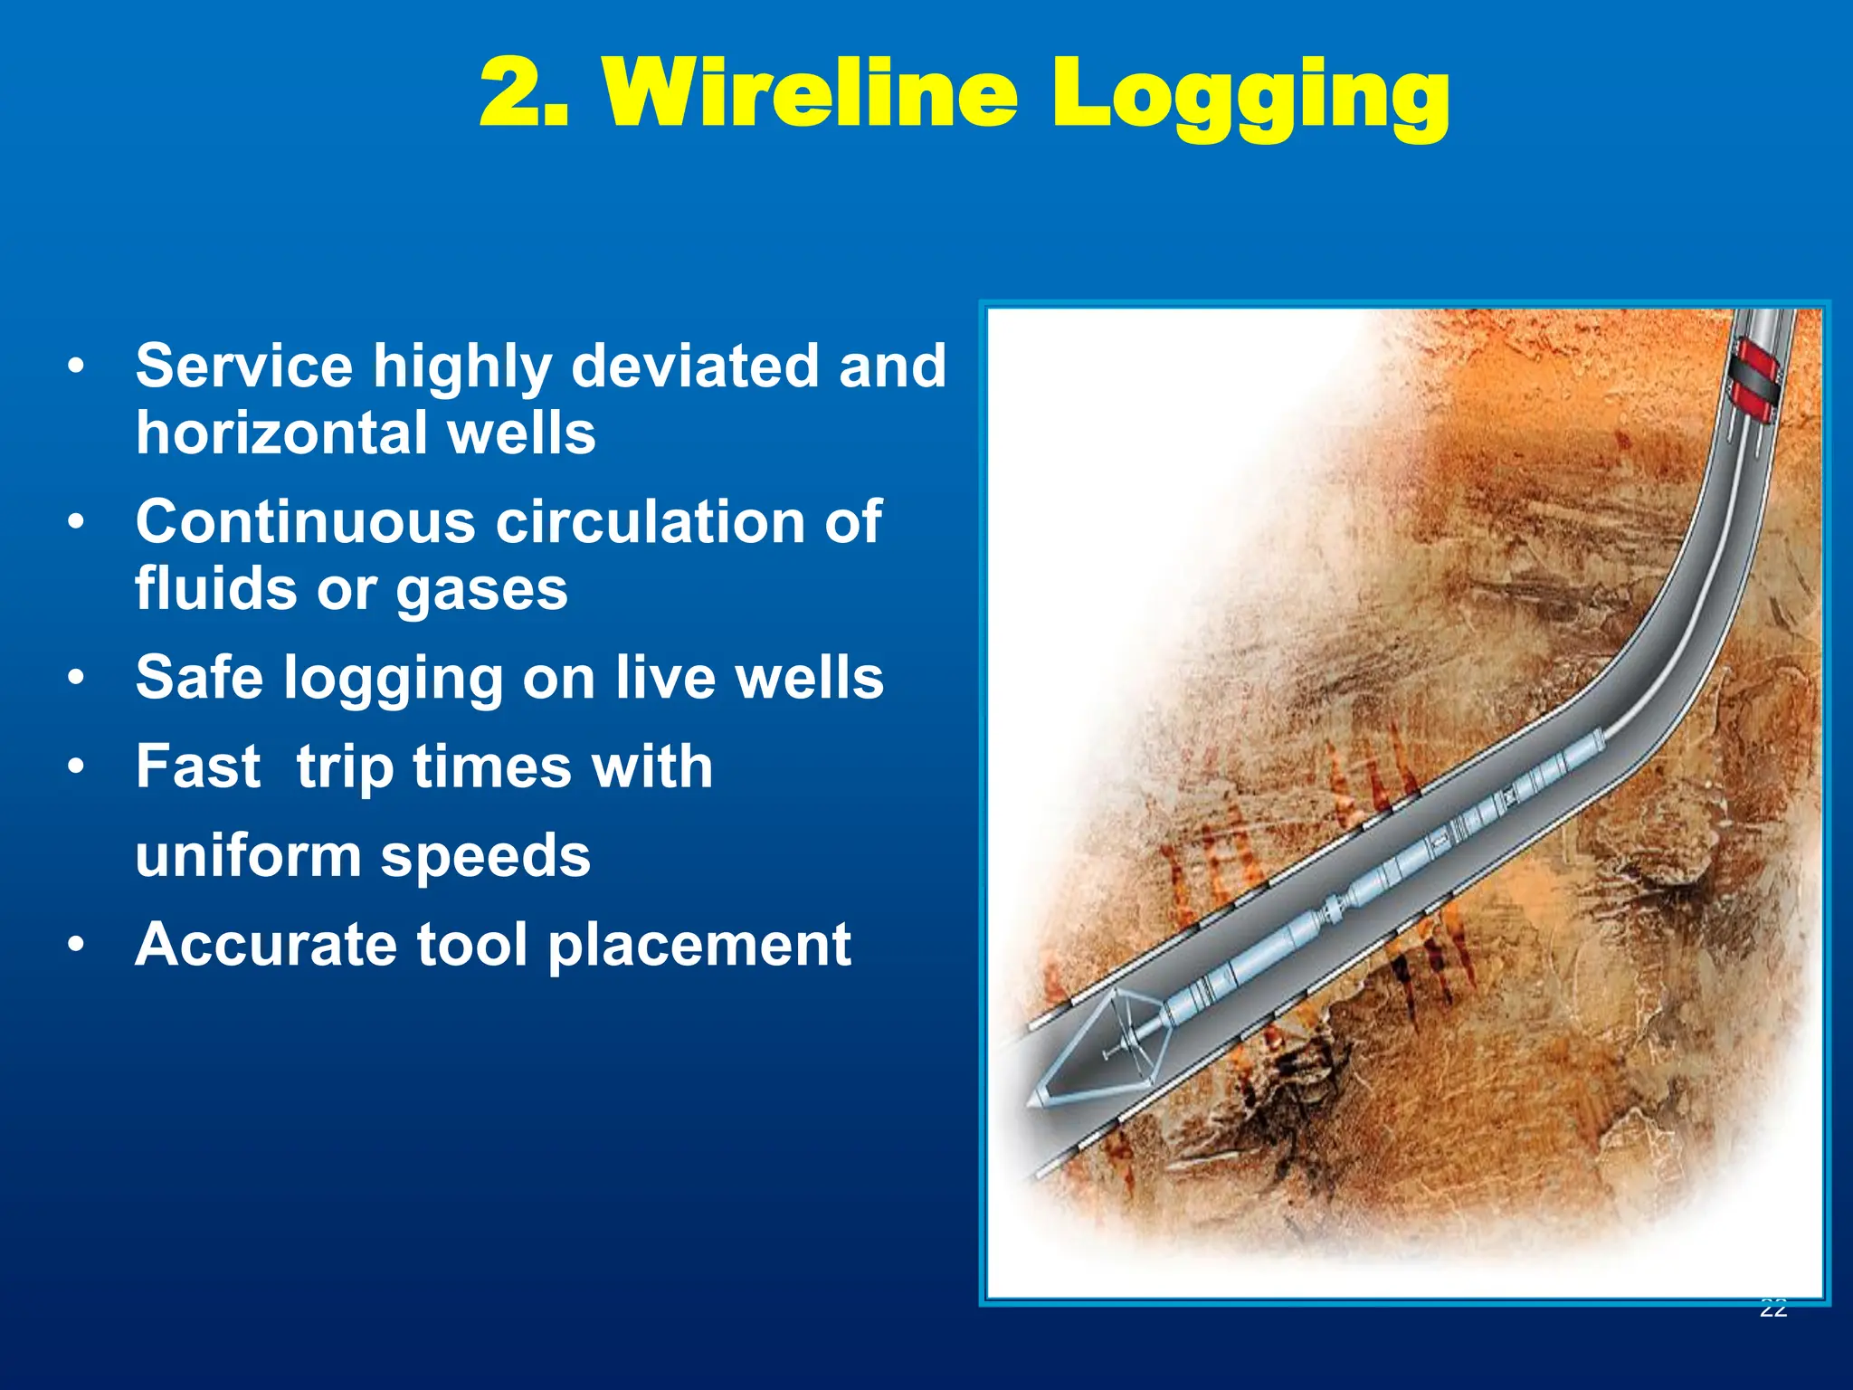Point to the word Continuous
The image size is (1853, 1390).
point(305,522)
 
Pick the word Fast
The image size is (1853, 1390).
point(198,766)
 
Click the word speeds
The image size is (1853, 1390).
point(485,856)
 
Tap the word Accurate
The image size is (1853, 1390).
point(265,945)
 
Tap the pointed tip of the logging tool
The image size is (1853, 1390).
point(1031,1103)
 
